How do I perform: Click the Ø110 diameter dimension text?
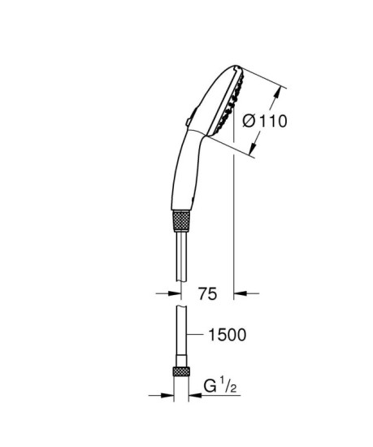coord(265,122)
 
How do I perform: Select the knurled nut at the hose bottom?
coord(180,373)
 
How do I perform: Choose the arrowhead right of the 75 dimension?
coord(241,293)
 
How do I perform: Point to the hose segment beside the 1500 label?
coord(180,334)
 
